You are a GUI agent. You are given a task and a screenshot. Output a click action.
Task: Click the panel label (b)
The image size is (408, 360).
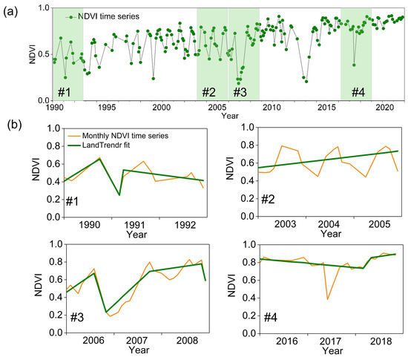(x=11, y=125)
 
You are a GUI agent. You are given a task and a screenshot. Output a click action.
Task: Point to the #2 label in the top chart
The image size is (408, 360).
(x=209, y=92)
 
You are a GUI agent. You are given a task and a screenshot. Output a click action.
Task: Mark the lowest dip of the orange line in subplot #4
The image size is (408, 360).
(x=327, y=299)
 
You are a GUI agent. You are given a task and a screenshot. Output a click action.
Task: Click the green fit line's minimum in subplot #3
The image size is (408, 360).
(x=105, y=312)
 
